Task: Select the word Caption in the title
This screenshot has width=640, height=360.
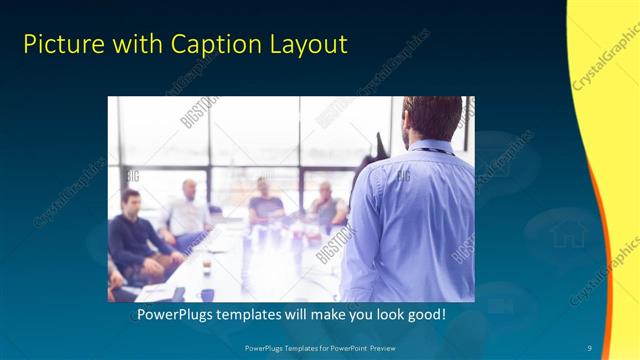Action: coord(210,44)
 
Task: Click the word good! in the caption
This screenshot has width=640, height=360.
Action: coord(423,315)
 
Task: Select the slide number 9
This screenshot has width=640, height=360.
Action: coord(589,347)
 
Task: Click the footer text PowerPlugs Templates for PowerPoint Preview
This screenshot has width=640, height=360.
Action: coord(319,347)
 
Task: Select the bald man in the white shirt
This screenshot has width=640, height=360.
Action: coord(187,210)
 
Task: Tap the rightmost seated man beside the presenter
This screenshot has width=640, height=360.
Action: coord(327,206)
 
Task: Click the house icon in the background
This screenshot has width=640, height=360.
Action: coord(567,236)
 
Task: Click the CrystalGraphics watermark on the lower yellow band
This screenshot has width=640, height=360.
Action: coord(605,271)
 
